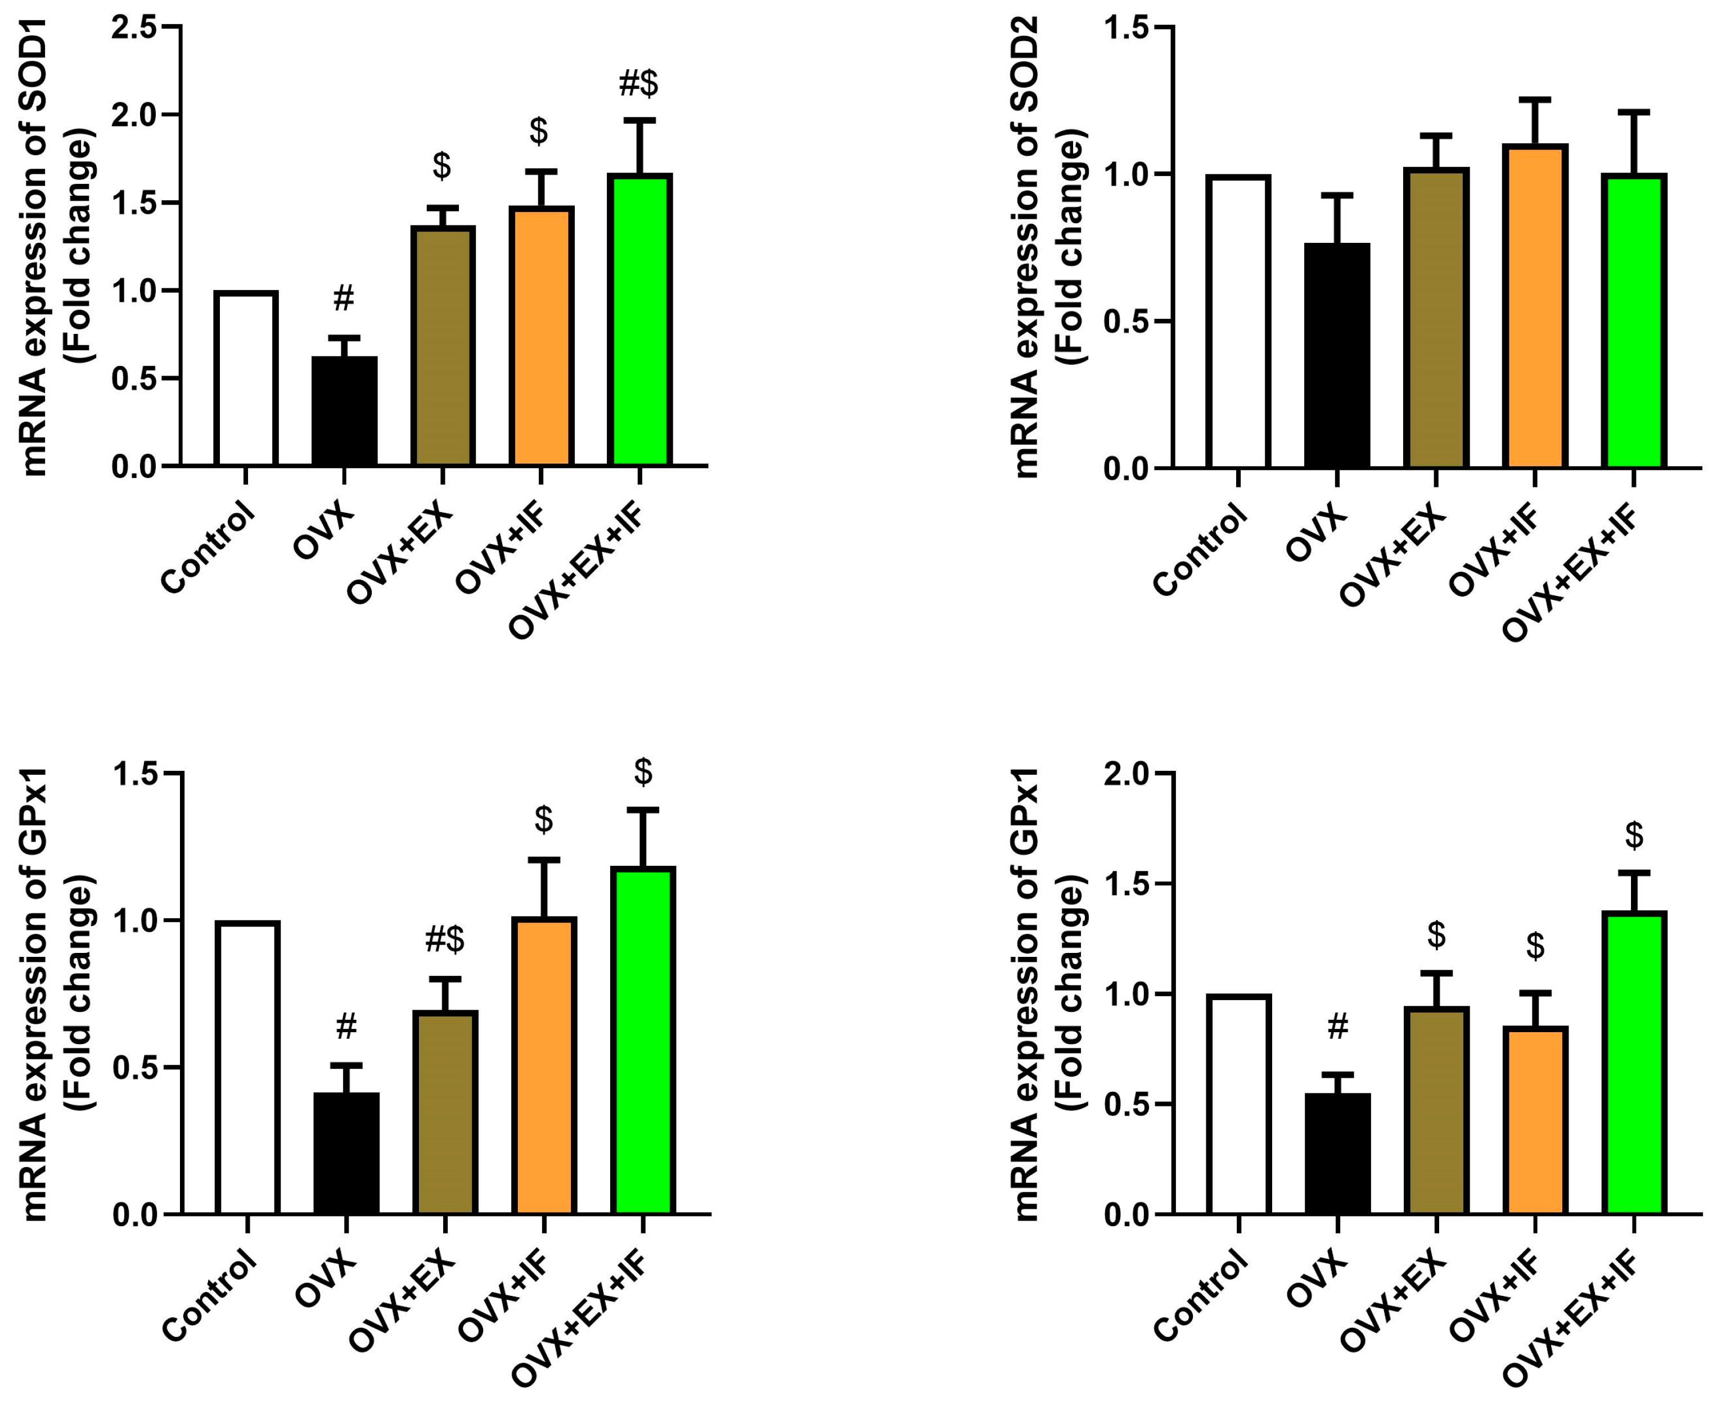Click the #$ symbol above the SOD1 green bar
click(638, 83)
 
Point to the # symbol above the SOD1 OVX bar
click(343, 298)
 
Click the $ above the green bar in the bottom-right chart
click(1634, 835)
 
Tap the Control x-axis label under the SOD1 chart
click(208, 548)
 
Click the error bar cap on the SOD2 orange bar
click(1535, 100)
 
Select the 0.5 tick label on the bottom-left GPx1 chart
click(136, 1068)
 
